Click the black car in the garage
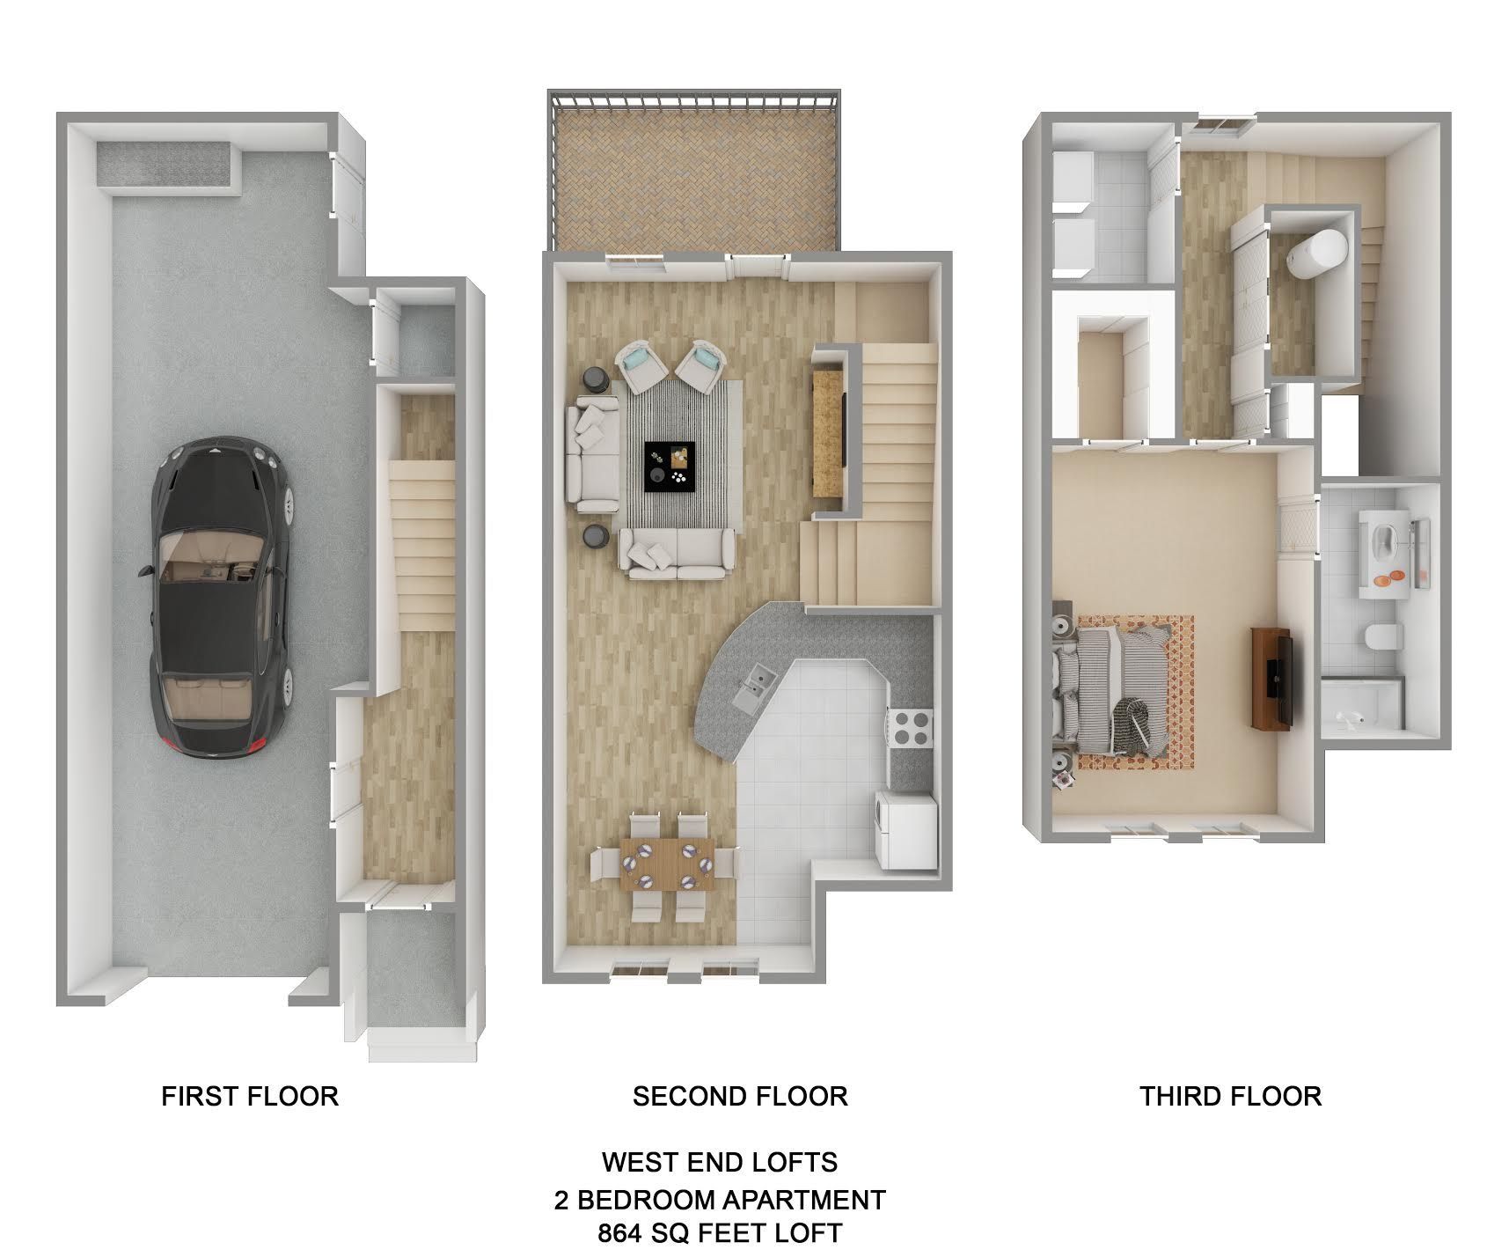pyautogui.click(x=220, y=599)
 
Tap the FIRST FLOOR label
pyautogui.click(x=250, y=1096)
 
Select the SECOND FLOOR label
pyautogui.click(x=740, y=1096)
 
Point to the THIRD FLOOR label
pyautogui.click(x=1230, y=1096)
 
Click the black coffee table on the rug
pyautogui.click(x=670, y=467)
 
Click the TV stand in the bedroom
pyautogui.click(x=1271, y=678)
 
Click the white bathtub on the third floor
pyautogui.click(x=1317, y=254)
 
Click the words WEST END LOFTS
pyautogui.click(x=720, y=1162)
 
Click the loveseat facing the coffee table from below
pyautogui.click(x=677, y=553)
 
